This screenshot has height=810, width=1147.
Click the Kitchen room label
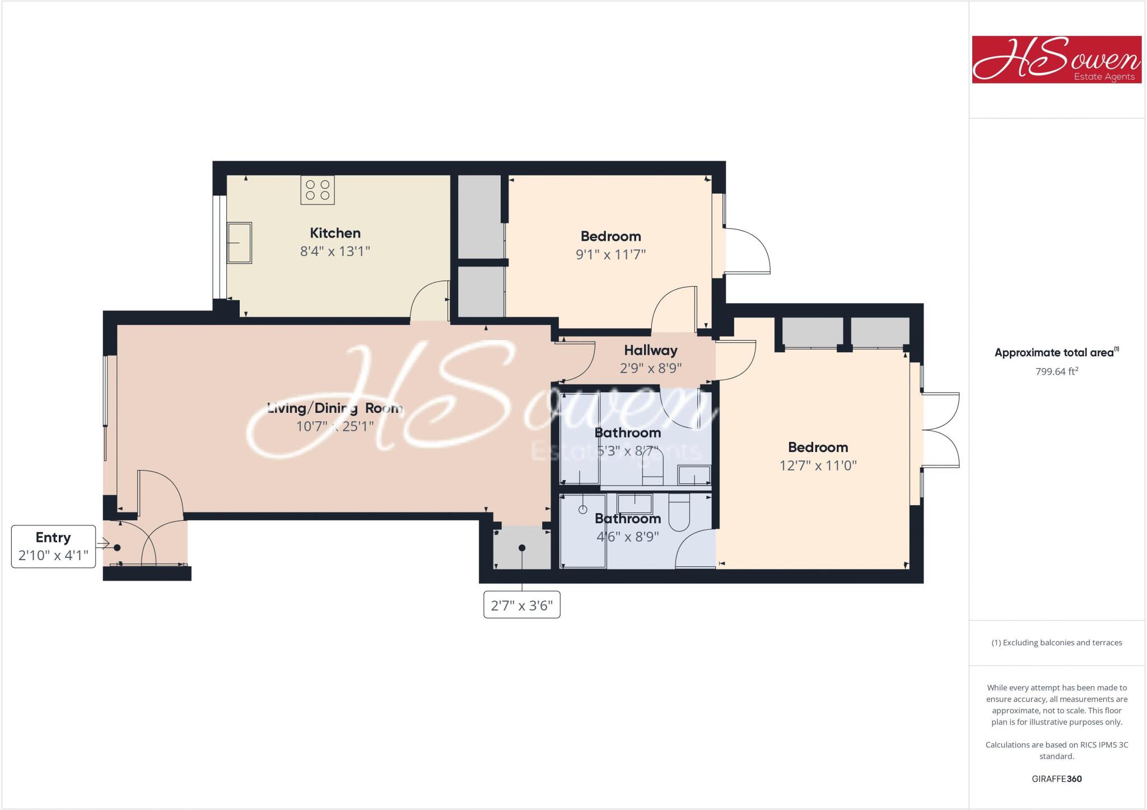[x=335, y=233]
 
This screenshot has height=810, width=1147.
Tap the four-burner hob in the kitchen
[x=318, y=190]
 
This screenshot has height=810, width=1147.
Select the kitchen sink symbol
[x=239, y=243]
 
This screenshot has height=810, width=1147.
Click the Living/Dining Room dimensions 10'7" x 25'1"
[x=335, y=426]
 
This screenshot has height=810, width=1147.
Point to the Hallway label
[x=651, y=351]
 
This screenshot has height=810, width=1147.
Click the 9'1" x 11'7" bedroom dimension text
[x=610, y=254]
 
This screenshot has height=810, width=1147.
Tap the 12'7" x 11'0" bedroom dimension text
[x=818, y=465]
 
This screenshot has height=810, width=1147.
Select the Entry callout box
[x=54, y=546]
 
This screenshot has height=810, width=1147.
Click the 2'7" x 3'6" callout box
[x=521, y=606]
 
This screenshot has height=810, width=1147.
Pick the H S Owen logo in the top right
[x=1056, y=60]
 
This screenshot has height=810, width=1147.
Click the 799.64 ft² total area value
[x=1056, y=371]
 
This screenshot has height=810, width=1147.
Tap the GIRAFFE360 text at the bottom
[x=1056, y=779]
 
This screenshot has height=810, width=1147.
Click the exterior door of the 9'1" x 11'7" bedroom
[x=747, y=250]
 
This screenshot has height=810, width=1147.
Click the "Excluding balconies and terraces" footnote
[x=1056, y=643]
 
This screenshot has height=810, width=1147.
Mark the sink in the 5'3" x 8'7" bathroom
[x=694, y=476]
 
